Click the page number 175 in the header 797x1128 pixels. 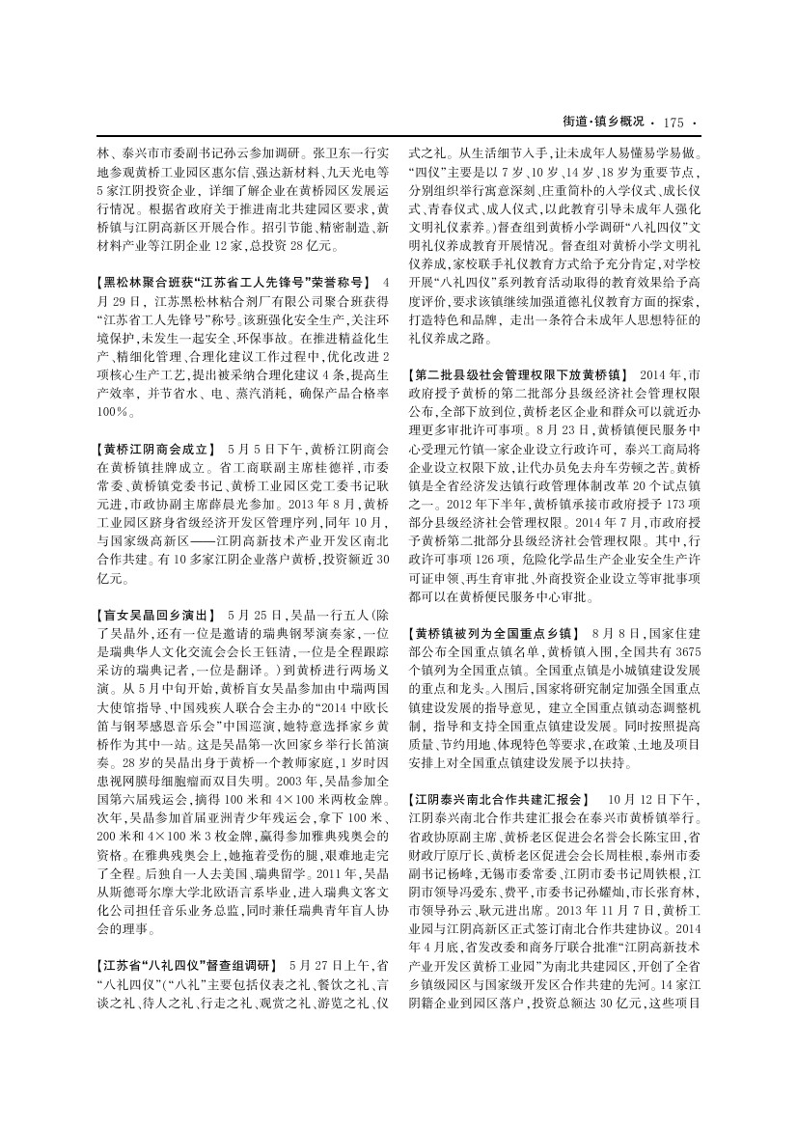(x=673, y=122)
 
